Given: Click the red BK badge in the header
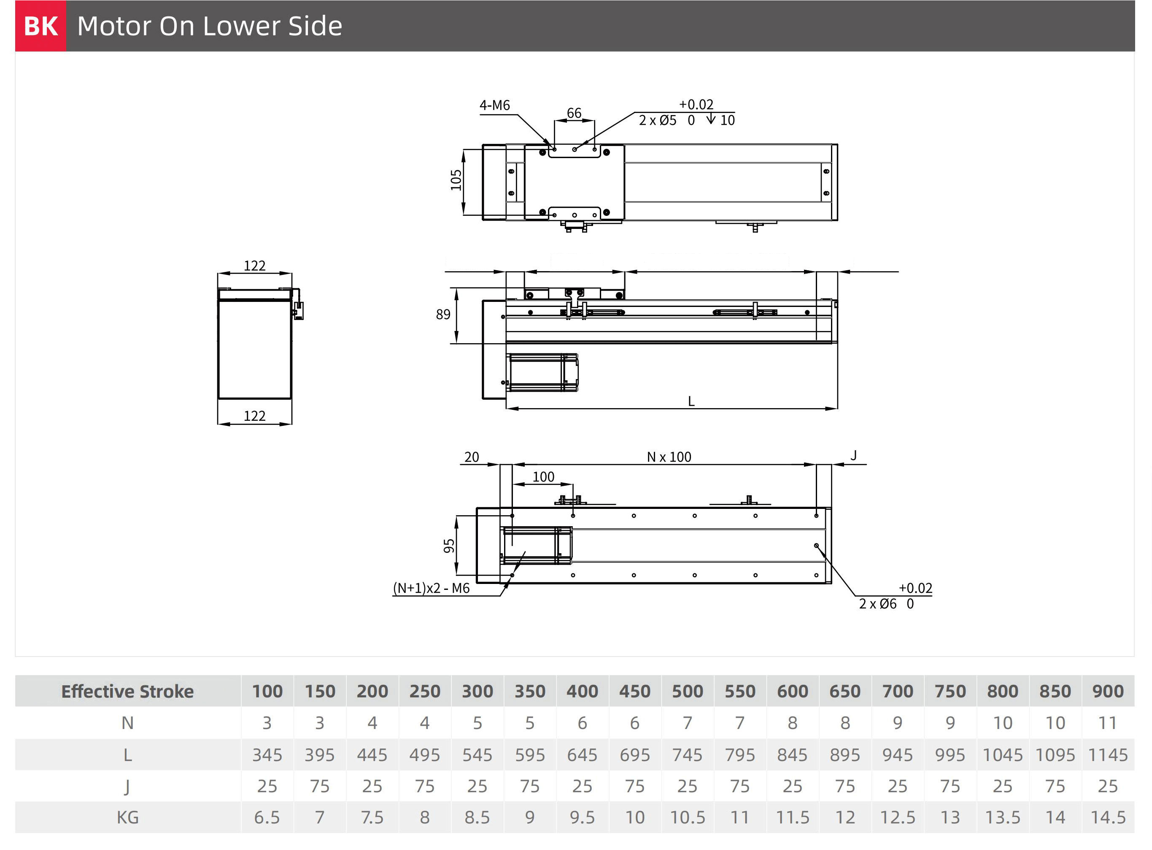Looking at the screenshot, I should tap(40, 26).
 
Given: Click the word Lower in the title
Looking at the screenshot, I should tap(241, 26).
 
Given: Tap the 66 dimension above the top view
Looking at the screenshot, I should tap(574, 113).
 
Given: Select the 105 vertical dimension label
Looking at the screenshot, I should tap(456, 180).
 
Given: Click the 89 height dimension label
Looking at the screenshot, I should tap(442, 315).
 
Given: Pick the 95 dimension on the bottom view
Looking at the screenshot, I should tap(449, 546).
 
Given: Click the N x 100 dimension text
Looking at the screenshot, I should tap(669, 457).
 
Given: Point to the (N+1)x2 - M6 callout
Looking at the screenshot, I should tap(432, 588).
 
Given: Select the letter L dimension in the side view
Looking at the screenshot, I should tap(691, 401).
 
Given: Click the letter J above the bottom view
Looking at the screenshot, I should tap(853, 455).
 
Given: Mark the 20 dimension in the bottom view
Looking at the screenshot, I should tap(472, 457).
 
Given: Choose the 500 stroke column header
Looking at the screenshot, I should tap(687, 691).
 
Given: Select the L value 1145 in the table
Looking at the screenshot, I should tap(1108, 755).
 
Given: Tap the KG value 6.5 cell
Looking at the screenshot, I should tap(267, 818).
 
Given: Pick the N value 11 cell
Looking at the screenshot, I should tap(1108, 723).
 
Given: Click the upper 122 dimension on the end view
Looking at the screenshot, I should tap(254, 266).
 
